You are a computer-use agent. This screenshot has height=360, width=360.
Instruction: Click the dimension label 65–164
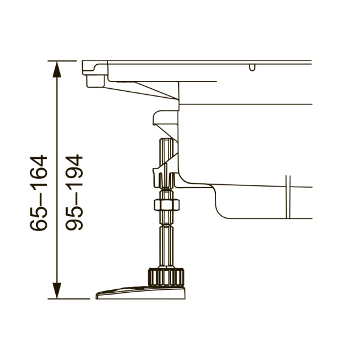pyautogui.click(x=38, y=193)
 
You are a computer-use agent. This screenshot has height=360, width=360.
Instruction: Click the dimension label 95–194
pyautogui.click(x=74, y=192)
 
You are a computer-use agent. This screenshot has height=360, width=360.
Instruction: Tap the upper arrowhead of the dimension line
pyautogui.click(x=57, y=70)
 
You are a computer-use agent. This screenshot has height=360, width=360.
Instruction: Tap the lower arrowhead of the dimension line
pyautogui.click(x=57, y=290)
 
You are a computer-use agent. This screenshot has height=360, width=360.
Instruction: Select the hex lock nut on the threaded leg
pyautogui.click(x=167, y=205)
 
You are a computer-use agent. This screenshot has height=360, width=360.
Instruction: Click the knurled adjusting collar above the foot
pyautogui.click(x=166, y=277)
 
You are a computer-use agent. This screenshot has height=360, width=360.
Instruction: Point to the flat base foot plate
pyautogui.click(x=140, y=293)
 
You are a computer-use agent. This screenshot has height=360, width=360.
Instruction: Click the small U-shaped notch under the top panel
pyautogui.click(x=252, y=67)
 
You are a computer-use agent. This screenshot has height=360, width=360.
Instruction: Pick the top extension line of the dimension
pyautogui.click(x=62, y=61)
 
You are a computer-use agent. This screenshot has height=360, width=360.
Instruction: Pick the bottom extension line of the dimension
pyautogui.click(x=68, y=299)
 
